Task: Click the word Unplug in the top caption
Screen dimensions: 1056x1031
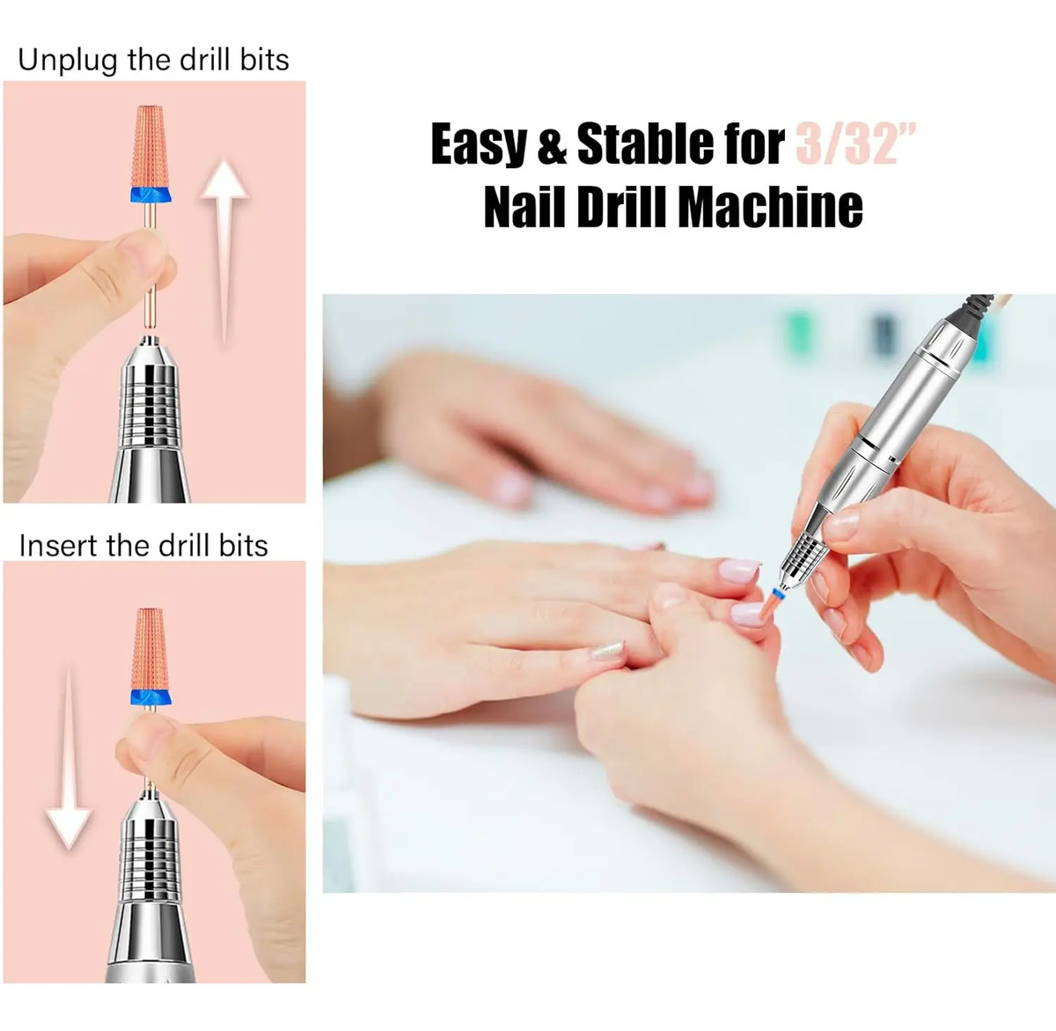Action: tap(67, 61)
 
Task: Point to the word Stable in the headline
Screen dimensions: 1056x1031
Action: tap(645, 144)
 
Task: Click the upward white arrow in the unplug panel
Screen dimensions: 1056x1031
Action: tap(224, 251)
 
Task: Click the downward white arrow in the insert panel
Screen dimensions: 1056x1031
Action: tap(69, 760)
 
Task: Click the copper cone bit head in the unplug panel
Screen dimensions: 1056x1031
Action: tap(151, 146)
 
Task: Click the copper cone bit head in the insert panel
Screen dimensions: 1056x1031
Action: tap(151, 650)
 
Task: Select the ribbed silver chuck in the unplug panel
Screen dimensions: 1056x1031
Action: tap(150, 401)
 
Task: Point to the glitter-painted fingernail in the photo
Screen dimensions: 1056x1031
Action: tap(608, 651)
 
